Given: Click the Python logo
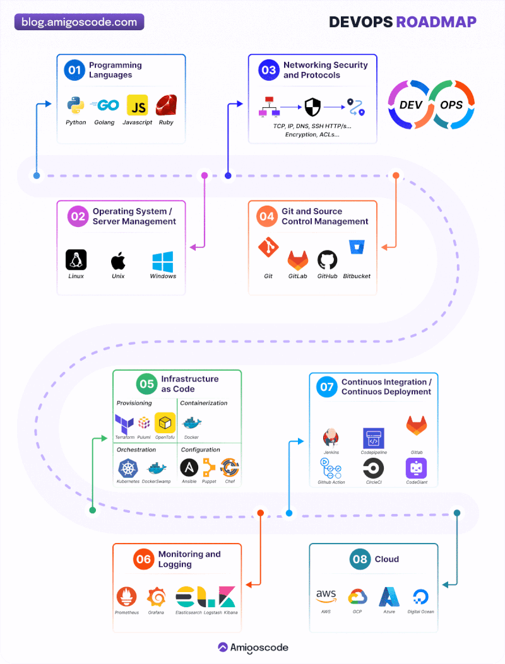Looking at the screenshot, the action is coord(76,105).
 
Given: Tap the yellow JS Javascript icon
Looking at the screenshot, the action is coord(138,105).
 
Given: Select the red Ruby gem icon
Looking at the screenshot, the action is coord(166,105).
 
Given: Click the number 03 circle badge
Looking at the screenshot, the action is coord(269,70).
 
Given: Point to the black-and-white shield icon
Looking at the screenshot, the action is coord(312,107).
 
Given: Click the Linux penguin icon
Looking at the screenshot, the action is coord(76,260).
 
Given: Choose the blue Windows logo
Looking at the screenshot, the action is coord(163,262).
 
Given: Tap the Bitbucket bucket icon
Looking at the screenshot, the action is coord(357,247).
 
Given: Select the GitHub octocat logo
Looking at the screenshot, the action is coord(328,260).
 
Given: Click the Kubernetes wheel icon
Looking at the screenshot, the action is coord(128,469).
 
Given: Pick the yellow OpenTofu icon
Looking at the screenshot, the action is coord(165,422).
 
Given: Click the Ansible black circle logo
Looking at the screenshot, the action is coord(189,468).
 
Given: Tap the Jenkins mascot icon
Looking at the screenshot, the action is coord(331,438).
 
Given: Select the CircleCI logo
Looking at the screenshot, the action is coord(374,469).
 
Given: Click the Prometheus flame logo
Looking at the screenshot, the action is coord(126,597).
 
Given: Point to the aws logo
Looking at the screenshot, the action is coord(326,596).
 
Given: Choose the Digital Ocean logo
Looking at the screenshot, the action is coord(420,597).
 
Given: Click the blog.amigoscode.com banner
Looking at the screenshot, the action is coord(80,22).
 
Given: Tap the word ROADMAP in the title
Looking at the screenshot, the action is coord(436,22).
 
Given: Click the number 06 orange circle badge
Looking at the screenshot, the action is coord(144,559).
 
